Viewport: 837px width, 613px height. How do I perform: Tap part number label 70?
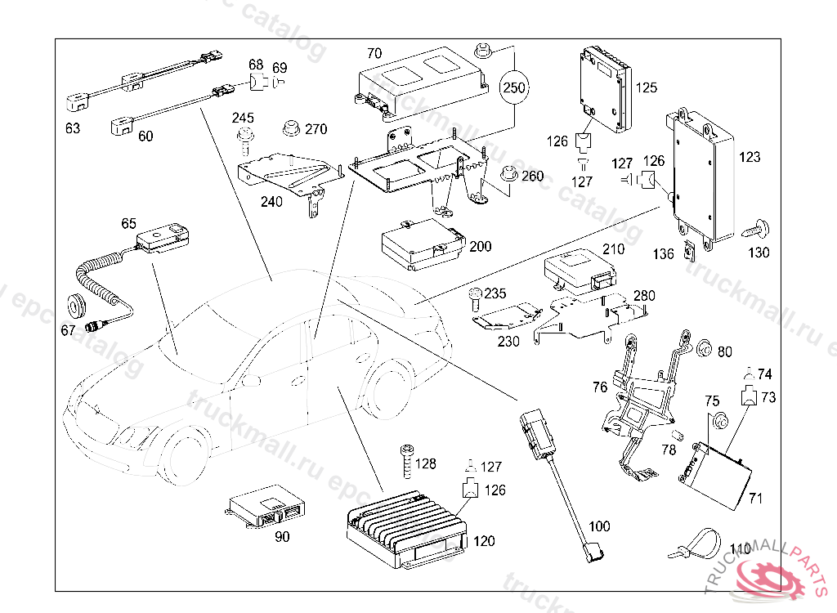tap(374, 54)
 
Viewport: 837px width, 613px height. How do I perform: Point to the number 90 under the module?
tap(282, 537)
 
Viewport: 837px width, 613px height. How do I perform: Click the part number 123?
tap(750, 156)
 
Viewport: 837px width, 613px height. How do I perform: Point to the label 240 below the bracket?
tap(271, 202)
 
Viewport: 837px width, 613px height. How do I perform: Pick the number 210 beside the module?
tap(612, 249)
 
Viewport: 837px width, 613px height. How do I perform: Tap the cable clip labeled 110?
tap(695, 544)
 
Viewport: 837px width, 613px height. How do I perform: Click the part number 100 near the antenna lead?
tap(599, 527)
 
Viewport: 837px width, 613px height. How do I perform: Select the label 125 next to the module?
tap(646, 87)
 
